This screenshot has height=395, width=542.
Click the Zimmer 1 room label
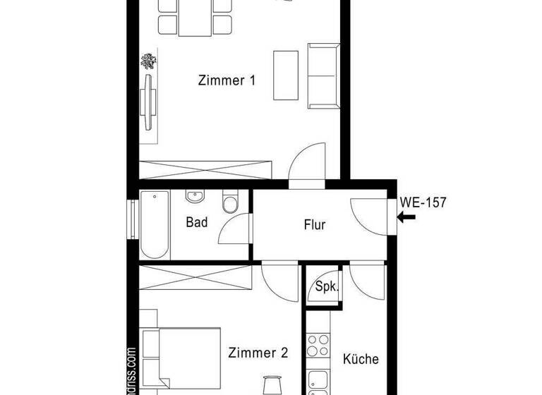[x=227, y=80]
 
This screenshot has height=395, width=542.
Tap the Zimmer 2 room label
[x=258, y=353]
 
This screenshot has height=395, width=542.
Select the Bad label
[x=197, y=223]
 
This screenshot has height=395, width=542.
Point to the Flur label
[x=314, y=225]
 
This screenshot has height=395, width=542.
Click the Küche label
[x=361, y=359]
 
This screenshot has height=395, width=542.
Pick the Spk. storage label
[x=326, y=287]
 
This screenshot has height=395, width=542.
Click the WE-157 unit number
[x=423, y=202]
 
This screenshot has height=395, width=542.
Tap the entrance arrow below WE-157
[x=406, y=217]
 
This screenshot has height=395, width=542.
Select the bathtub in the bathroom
[x=154, y=224]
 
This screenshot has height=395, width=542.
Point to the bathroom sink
[x=195, y=197]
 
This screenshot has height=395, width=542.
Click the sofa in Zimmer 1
[x=325, y=77]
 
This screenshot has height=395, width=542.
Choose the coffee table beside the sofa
[x=286, y=76]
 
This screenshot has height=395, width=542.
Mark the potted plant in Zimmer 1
[x=150, y=61]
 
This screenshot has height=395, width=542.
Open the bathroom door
[x=234, y=229]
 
